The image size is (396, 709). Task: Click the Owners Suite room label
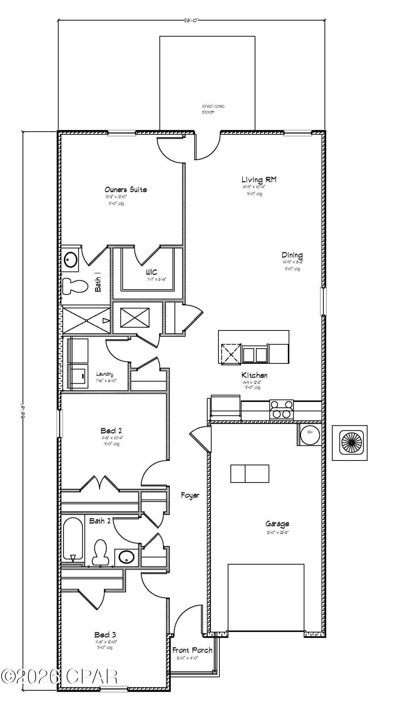(x=126, y=190)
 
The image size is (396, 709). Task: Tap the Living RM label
(x=259, y=180)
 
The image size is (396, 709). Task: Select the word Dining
(x=292, y=255)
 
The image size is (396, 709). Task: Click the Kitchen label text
(x=254, y=375)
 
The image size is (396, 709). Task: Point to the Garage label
(x=277, y=524)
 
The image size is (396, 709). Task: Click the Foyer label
(x=190, y=495)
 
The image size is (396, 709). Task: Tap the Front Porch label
(x=192, y=650)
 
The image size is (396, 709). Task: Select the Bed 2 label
(x=111, y=431)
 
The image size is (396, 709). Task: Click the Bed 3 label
(x=105, y=635)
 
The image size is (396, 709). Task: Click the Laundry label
(x=105, y=374)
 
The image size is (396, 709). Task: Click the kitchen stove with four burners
(x=282, y=409)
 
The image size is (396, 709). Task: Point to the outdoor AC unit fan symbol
(x=350, y=443)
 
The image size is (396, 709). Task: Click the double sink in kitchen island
(x=255, y=354)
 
